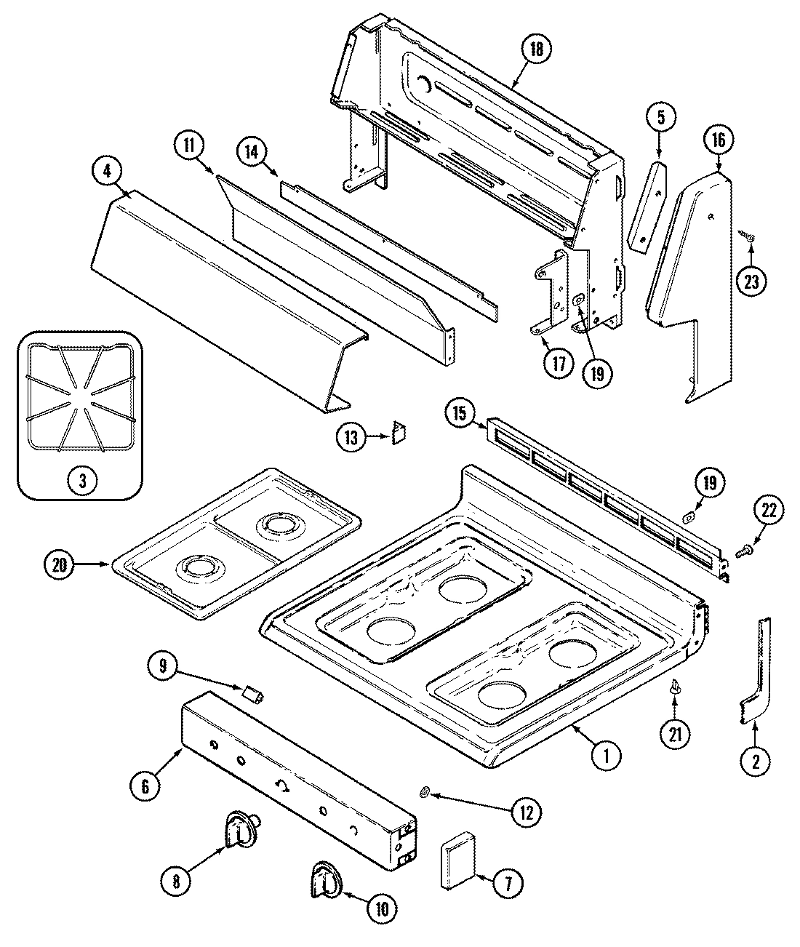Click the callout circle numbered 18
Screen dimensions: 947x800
536,49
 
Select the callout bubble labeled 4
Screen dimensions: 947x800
107,172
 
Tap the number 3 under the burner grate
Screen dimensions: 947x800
81,480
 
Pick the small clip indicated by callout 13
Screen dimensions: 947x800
398,433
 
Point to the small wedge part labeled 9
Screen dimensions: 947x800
253,695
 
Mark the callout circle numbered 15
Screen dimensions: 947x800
459,414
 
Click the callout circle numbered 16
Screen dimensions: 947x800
718,140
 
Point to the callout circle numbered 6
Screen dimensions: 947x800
145,785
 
